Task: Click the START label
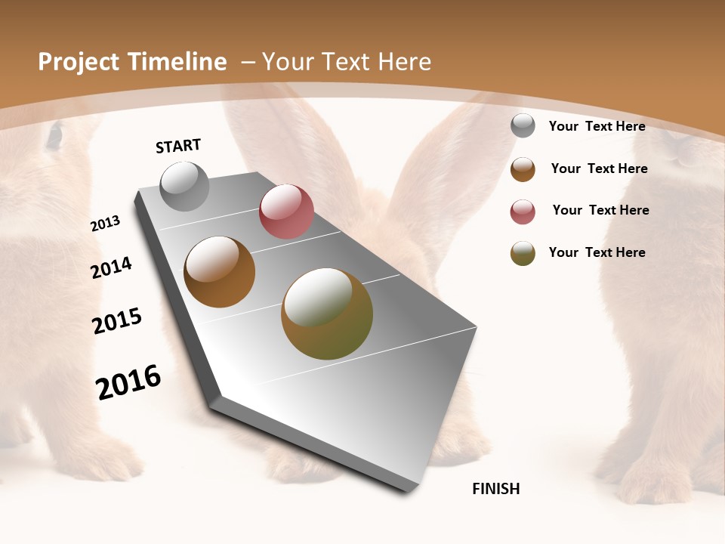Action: (x=178, y=146)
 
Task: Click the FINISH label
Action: (x=496, y=489)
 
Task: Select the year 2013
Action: (x=106, y=224)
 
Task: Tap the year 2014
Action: (x=112, y=268)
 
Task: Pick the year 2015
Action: (x=117, y=321)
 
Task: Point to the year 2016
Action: (x=128, y=382)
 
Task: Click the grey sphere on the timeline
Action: (x=185, y=186)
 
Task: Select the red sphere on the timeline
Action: (x=286, y=212)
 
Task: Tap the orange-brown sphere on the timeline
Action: (x=220, y=272)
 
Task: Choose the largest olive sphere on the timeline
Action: (x=327, y=314)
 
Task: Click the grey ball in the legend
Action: (x=523, y=125)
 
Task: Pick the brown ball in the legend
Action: (x=523, y=169)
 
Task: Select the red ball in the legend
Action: (x=523, y=212)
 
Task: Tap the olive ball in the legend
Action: (x=523, y=253)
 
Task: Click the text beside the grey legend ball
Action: (x=597, y=126)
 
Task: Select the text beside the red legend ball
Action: (x=600, y=210)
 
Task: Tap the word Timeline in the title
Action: (x=177, y=62)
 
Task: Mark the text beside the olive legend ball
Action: (x=597, y=252)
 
